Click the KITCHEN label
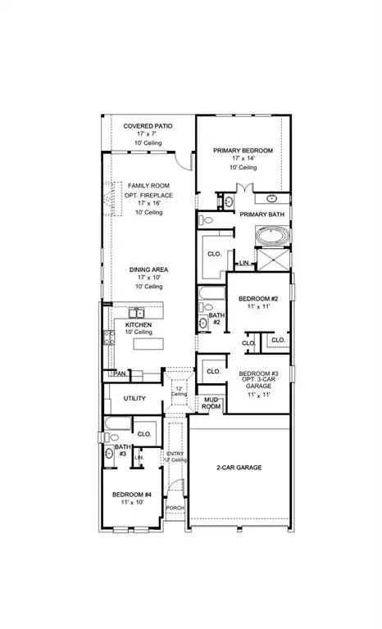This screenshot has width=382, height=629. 139,324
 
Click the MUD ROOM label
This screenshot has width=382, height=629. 211,403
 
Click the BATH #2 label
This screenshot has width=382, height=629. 216,319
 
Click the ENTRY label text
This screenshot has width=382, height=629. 175,453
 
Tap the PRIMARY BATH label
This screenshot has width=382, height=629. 260,215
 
